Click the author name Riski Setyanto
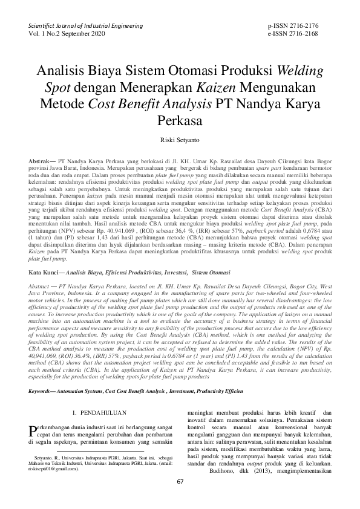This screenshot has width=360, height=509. coord(179,138)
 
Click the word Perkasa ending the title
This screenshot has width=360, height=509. coord(179,119)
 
